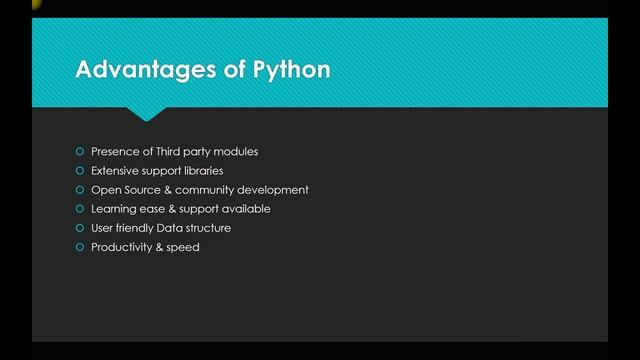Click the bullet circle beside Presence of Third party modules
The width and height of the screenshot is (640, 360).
80,152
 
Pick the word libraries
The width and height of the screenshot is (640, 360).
202,171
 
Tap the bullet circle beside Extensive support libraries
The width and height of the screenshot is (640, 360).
80,171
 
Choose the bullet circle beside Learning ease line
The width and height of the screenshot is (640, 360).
80,209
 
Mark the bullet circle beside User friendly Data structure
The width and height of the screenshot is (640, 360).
80,228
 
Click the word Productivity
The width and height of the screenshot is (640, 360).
122,247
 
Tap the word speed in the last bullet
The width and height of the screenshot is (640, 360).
184,247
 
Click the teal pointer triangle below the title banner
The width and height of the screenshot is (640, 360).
147,113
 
